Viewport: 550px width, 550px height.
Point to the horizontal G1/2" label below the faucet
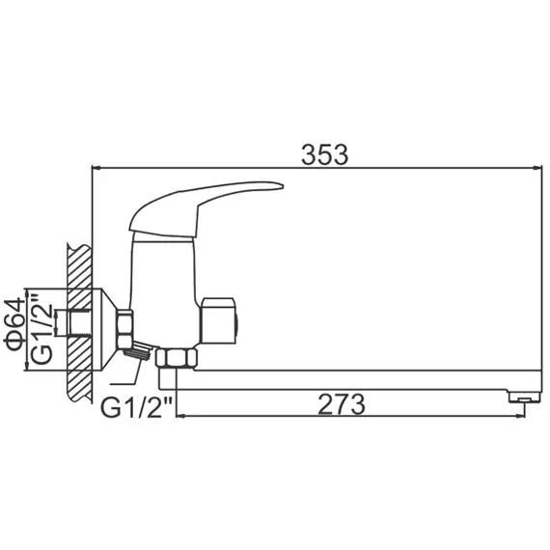(x=137, y=406)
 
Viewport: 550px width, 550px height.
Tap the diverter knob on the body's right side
(x=220, y=319)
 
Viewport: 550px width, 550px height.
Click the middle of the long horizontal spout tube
(x=357, y=377)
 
